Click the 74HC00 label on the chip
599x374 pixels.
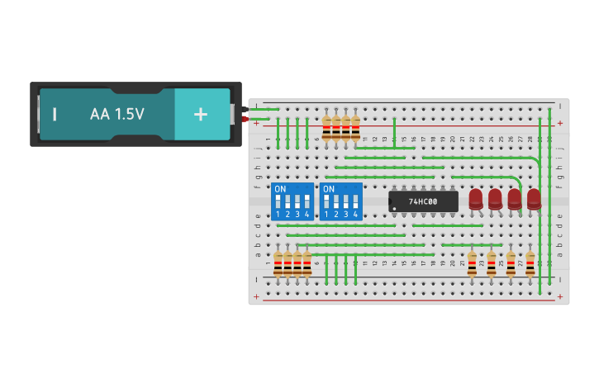423,201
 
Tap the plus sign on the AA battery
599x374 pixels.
201,114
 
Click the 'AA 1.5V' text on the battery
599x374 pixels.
117,114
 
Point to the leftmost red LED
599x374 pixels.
476,199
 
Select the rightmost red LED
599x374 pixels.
534,199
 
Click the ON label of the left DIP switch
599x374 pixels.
280,189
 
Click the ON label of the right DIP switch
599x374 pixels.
329,189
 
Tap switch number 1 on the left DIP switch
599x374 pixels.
278,202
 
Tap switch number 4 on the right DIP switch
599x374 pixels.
356,202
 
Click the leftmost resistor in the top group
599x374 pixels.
326,128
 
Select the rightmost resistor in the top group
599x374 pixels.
356,128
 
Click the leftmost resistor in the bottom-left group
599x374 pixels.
278,263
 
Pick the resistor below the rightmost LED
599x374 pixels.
530,263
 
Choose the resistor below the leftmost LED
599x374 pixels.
472,263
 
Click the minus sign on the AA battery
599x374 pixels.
55,114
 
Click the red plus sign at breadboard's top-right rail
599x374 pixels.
560,123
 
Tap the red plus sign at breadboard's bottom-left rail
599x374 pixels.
256,296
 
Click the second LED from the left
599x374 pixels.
495,199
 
